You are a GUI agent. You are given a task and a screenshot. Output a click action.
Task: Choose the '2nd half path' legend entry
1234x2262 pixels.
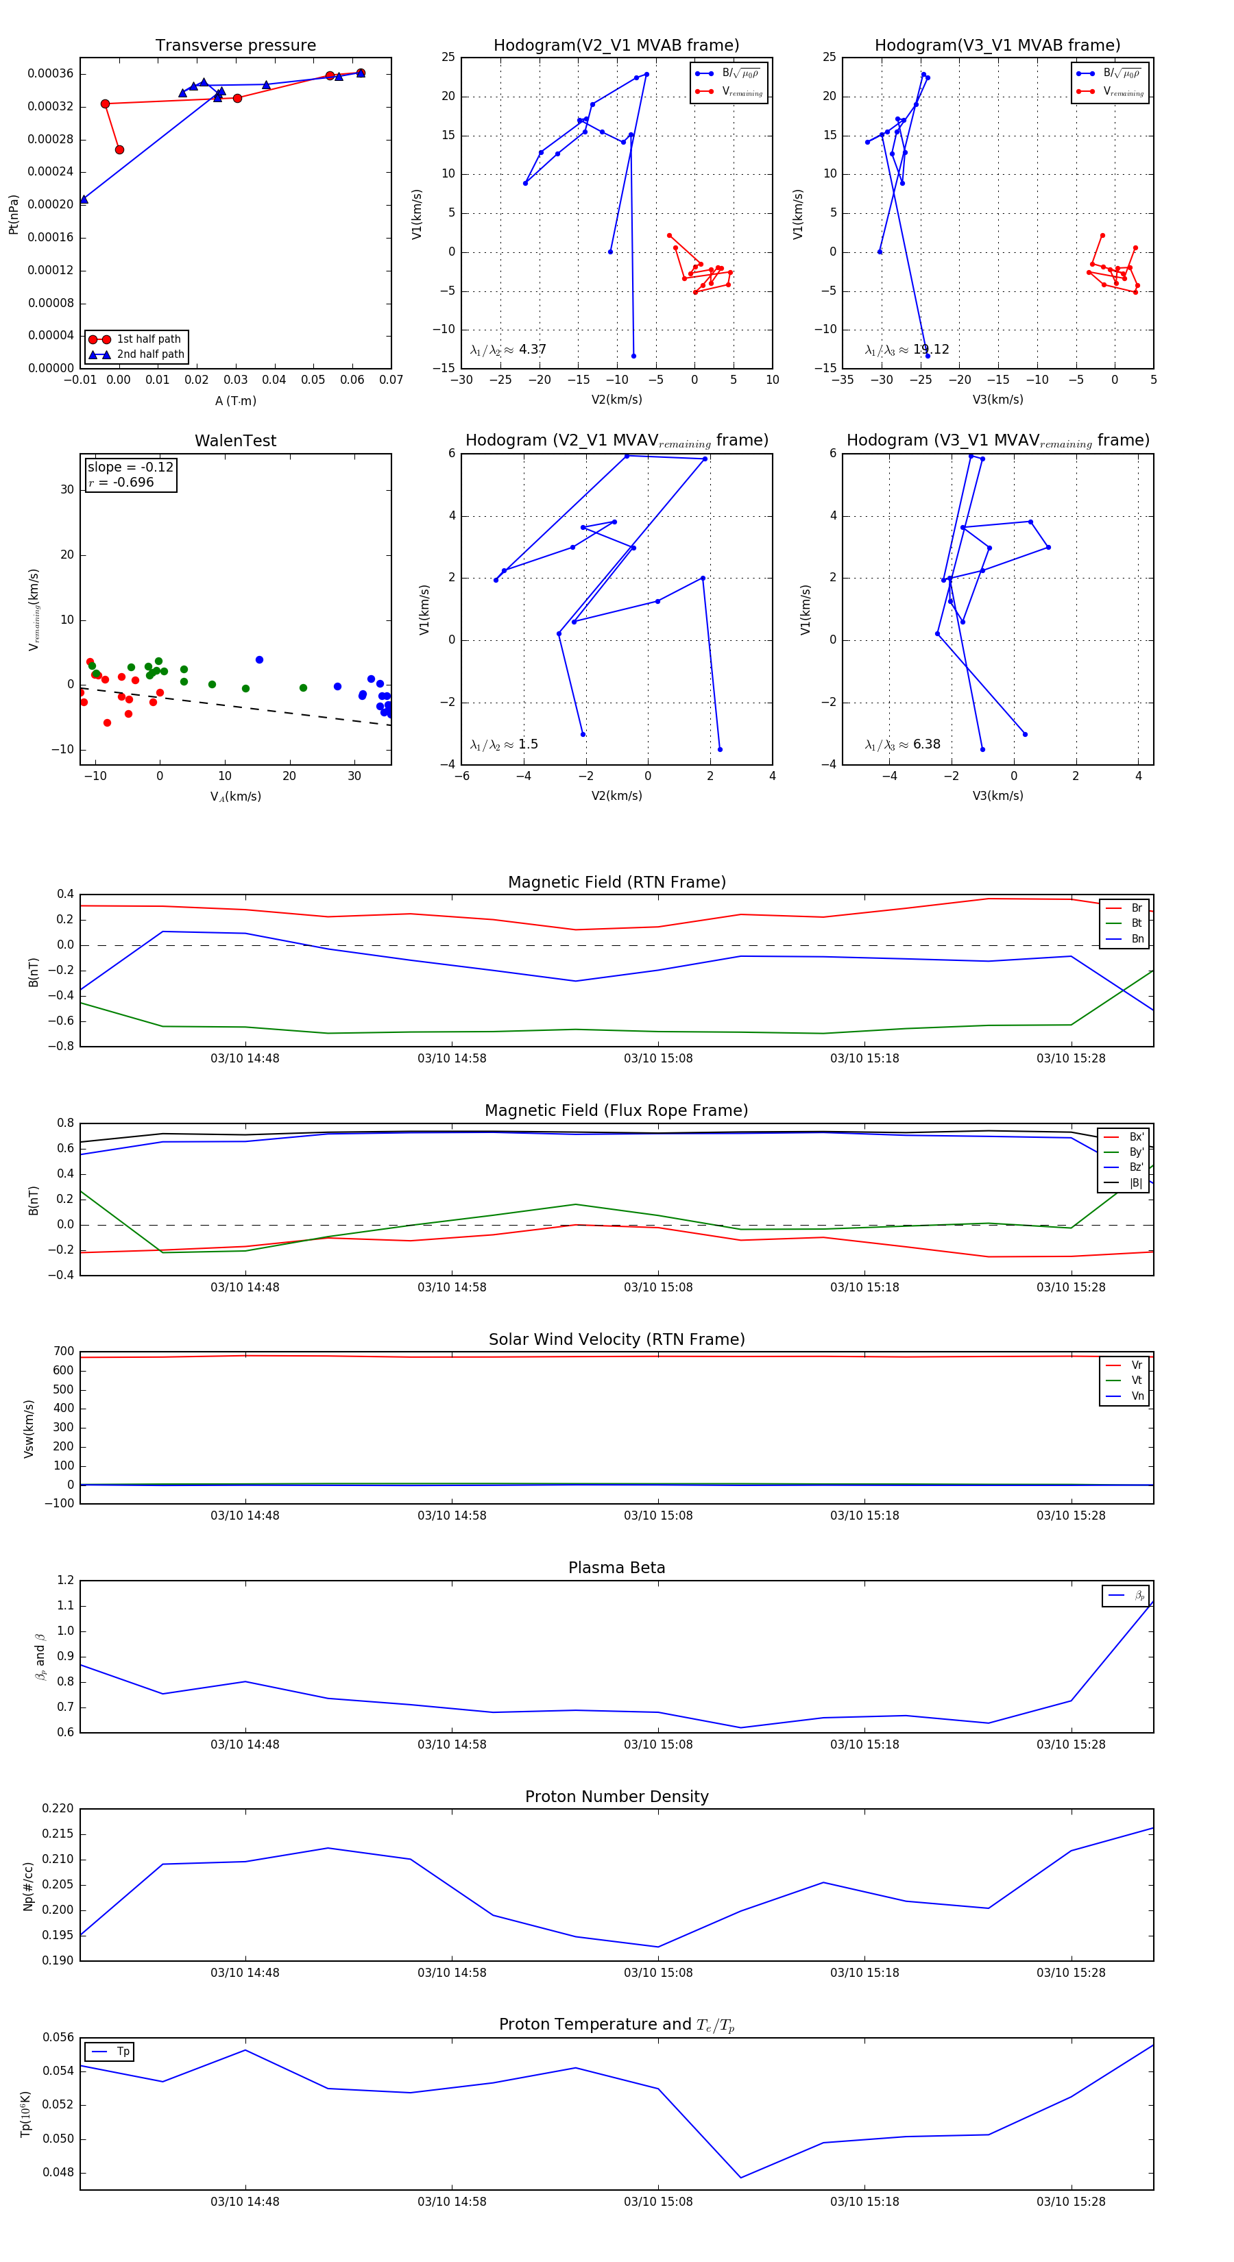click(x=150, y=355)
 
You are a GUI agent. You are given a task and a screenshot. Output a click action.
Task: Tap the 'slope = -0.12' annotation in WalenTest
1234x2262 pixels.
click(x=130, y=467)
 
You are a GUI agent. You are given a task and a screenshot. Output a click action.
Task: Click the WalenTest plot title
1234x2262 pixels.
click(x=235, y=441)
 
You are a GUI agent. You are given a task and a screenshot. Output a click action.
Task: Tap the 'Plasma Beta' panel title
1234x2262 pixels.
click(x=616, y=1568)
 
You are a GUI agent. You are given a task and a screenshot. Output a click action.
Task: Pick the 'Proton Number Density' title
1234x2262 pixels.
click(x=616, y=1797)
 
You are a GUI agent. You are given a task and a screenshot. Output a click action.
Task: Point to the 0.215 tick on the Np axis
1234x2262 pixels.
click(x=59, y=1834)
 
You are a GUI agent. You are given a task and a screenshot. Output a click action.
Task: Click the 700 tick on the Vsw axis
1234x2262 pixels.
click(x=63, y=1352)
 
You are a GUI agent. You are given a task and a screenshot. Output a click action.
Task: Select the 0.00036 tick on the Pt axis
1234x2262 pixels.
click(x=50, y=74)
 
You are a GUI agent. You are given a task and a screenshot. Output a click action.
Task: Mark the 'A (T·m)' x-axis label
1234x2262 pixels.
click(x=235, y=401)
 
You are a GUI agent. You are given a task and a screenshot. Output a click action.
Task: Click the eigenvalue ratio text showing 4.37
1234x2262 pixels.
click(x=507, y=350)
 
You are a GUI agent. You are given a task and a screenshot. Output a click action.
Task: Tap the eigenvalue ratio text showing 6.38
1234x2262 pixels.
click(x=902, y=744)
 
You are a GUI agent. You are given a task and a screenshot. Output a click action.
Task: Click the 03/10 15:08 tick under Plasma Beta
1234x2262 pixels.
click(x=658, y=1744)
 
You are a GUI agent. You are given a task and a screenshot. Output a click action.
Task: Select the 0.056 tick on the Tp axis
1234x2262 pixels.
click(x=59, y=2037)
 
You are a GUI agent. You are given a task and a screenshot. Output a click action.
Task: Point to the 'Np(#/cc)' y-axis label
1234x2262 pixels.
click(x=28, y=1886)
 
